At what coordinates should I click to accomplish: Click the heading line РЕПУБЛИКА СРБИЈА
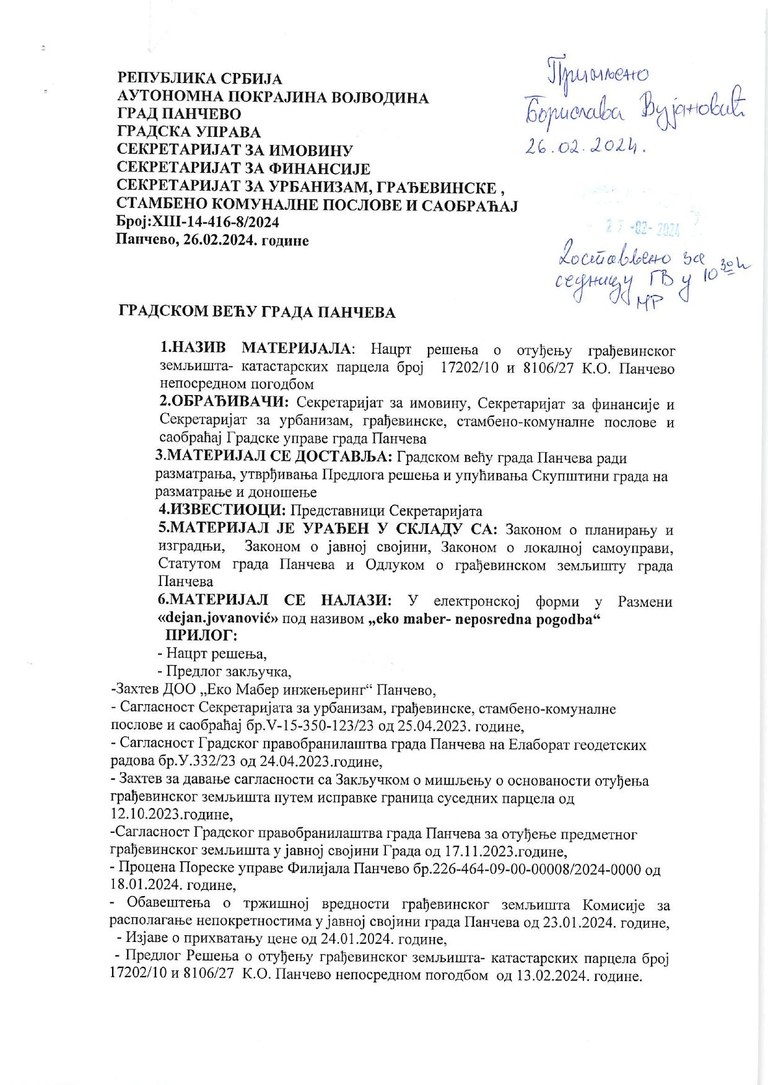click(199, 79)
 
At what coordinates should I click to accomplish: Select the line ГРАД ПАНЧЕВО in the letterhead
click(180, 115)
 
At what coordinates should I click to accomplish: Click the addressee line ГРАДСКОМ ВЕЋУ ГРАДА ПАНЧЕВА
click(256, 312)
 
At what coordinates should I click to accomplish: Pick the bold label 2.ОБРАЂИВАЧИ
click(224, 403)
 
